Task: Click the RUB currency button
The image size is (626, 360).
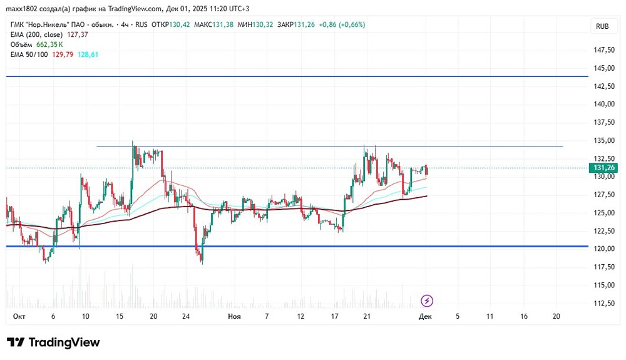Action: (602, 26)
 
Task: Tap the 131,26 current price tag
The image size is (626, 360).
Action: (603, 168)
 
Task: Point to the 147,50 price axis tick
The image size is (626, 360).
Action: (603, 50)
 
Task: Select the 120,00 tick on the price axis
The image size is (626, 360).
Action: (603, 249)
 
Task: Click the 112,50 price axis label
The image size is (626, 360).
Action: (603, 304)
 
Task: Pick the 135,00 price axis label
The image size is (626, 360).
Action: (603, 141)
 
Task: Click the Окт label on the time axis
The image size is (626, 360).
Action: (19, 317)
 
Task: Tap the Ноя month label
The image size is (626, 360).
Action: (234, 317)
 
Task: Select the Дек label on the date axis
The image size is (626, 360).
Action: (425, 317)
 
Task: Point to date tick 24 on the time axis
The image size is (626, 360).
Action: (187, 317)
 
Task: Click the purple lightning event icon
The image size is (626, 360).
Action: (427, 301)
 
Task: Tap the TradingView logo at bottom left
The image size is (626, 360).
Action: (53, 342)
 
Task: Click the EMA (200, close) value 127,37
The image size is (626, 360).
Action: (78, 35)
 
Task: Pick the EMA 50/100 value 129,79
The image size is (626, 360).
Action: (63, 55)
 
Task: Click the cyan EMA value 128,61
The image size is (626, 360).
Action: (88, 55)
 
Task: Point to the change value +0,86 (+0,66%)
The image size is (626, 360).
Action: (342, 25)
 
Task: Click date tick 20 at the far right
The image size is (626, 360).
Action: (557, 317)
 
